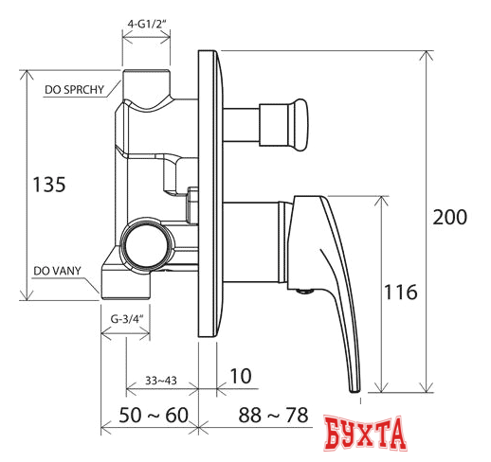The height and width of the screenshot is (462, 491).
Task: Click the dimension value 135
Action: pos(49,185)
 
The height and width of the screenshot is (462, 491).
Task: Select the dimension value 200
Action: pos(449,217)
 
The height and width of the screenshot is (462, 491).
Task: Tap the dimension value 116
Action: pos(401,292)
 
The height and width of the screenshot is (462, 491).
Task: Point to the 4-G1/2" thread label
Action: pos(147,24)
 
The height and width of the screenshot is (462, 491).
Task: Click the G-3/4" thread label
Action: pos(126,319)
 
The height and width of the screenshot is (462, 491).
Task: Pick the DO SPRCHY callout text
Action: pos(74,90)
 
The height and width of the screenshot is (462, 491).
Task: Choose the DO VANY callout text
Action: pos(57,271)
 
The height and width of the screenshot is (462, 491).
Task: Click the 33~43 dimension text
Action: pos(161,381)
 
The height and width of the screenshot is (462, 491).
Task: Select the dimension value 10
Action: pos(241,376)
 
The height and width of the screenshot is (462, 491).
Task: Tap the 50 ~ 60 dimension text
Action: pos(154,415)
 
